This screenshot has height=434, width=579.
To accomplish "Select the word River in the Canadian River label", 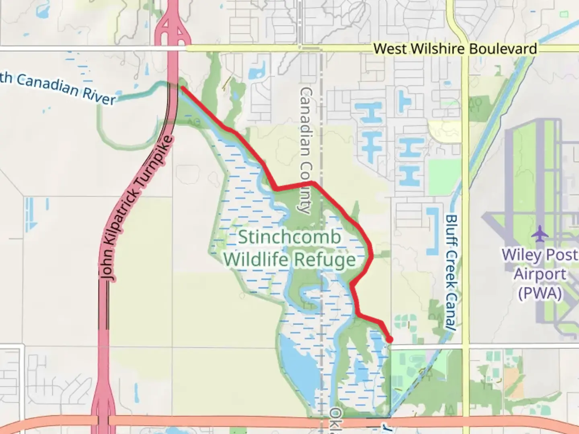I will click(99, 97).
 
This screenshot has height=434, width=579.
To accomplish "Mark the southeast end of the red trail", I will click(389, 340).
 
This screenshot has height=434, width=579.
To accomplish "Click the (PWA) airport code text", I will click(539, 293).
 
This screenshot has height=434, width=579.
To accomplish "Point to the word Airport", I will click(540, 274).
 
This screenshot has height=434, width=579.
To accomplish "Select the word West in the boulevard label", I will click(391, 49).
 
